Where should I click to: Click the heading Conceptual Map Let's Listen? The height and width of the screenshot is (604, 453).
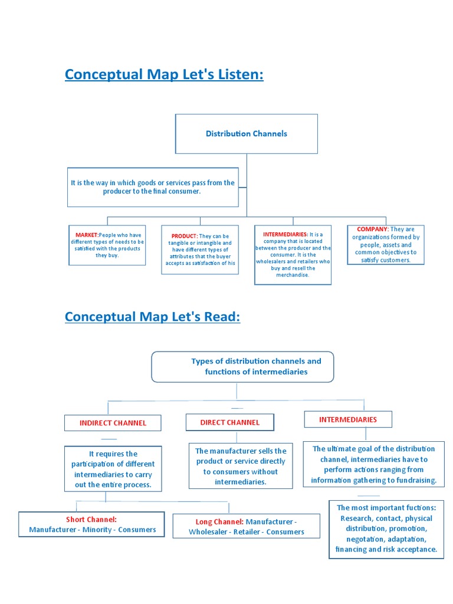164,75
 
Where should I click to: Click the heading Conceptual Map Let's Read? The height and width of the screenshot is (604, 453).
152,317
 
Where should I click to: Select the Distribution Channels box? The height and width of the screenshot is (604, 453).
247,134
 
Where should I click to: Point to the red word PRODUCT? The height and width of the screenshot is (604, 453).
185,236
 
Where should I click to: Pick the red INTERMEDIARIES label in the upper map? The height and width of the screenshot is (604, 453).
285,234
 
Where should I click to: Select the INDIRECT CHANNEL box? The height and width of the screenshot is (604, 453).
113,423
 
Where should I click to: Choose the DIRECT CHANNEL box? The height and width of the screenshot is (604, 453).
229,422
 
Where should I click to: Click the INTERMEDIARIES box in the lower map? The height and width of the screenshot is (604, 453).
348,419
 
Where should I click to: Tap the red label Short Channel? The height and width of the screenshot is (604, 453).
91,520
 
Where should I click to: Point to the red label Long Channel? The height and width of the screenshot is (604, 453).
219,522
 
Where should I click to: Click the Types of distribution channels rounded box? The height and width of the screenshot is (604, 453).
243,366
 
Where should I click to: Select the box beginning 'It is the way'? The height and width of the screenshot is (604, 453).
153,187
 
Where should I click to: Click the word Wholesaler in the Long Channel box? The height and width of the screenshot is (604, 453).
210,532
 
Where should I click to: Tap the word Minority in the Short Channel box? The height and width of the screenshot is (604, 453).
96,530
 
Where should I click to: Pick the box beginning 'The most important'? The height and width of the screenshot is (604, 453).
386,528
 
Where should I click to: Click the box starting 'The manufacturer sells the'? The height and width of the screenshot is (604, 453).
241,467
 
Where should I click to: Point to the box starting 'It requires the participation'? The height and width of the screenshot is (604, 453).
113,470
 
